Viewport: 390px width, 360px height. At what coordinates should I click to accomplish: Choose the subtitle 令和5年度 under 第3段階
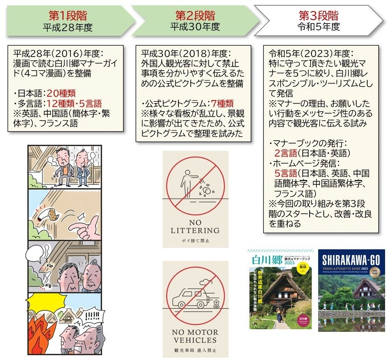[x=319, y=27]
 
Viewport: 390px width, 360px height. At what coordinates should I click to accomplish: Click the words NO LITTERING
[x=195, y=226]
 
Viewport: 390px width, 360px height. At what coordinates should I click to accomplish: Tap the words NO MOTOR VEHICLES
[x=195, y=336]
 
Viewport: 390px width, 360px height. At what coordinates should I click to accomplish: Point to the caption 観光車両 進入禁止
[x=195, y=351]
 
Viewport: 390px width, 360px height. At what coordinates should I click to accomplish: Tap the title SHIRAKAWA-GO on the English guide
[x=351, y=259]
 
